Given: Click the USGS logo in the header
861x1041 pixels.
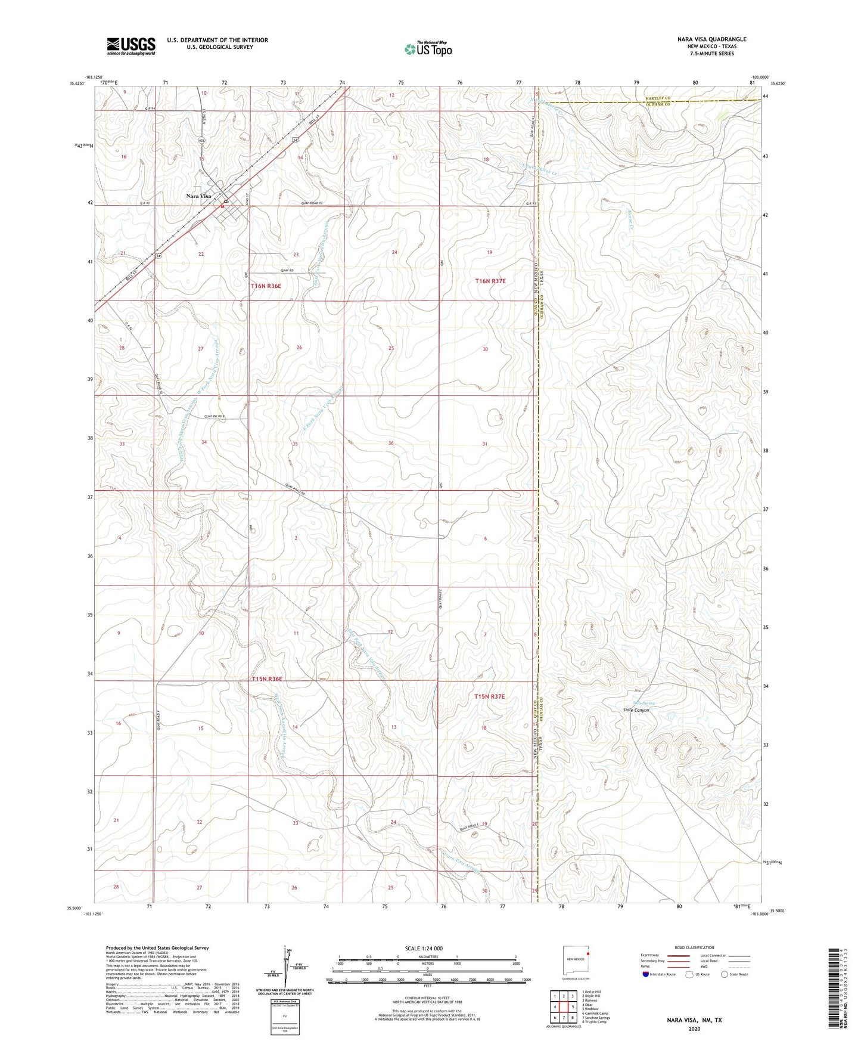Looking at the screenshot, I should [x=130, y=46].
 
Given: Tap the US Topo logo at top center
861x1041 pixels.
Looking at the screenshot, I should [x=428, y=49].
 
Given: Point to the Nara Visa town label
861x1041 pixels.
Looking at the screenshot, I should [x=198, y=196].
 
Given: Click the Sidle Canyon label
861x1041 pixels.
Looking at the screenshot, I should [x=636, y=710].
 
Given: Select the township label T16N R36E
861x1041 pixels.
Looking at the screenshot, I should [x=266, y=286].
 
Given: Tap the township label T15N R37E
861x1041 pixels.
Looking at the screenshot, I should [x=489, y=696].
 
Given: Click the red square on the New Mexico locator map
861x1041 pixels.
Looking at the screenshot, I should [x=588, y=953].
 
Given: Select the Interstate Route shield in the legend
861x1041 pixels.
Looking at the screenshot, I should [x=646, y=974].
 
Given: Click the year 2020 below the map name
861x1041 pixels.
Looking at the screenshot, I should [x=694, y=1028].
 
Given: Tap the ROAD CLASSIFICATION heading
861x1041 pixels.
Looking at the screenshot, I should [x=694, y=947].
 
